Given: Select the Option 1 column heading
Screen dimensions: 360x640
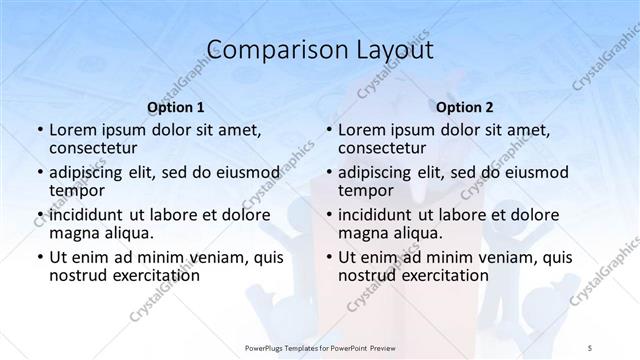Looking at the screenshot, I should click(x=176, y=107).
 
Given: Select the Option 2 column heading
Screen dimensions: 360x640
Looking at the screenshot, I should click(x=465, y=107).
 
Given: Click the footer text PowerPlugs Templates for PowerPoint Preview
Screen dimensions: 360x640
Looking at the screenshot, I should click(x=319, y=346).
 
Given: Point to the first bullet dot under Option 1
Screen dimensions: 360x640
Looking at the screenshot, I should click(x=38, y=130).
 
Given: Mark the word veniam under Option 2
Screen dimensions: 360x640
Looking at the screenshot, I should click(x=493, y=257).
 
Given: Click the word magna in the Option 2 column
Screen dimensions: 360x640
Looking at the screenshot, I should click(x=362, y=233).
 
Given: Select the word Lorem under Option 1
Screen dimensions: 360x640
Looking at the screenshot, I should click(x=73, y=130).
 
